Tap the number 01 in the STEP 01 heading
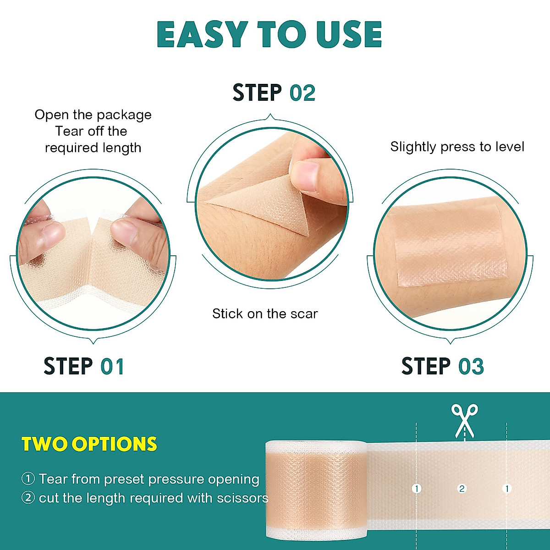point(112,367)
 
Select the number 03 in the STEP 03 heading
point(471,367)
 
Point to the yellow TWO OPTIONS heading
point(89,445)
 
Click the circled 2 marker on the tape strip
point(462,489)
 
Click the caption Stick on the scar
point(265,314)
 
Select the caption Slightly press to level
point(457,147)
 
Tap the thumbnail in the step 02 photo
point(304,176)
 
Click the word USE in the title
point(349,35)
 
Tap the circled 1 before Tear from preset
point(28,479)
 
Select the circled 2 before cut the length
point(28,498)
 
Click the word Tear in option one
point(53,479)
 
